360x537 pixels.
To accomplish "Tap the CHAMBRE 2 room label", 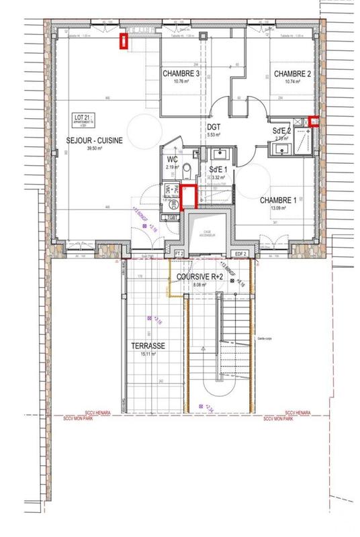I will click(291, 74).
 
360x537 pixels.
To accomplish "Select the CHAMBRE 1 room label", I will click(277, 200).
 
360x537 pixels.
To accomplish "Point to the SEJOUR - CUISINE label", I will click(94, 140).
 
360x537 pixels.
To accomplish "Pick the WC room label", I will click(172, 159).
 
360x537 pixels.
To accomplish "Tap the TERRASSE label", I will click(149, 346).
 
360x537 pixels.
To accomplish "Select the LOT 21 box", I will click(83, 120).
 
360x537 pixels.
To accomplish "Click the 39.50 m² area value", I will click(93, 149).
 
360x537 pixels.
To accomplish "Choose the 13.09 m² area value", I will click(277, 208).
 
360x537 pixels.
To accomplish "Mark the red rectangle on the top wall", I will click(124, 41).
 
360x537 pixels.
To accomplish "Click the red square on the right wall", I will click(314, 121).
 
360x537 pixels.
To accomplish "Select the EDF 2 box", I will click(242, 254).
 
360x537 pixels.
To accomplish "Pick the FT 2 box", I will click(179, 254).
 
